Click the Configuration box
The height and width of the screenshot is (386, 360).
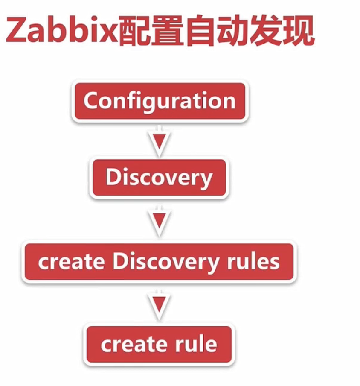coord(159,102)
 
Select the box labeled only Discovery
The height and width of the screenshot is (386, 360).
coord(159,178)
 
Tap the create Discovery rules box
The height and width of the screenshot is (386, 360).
coord(159,262)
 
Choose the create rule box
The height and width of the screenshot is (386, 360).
coord(159,344)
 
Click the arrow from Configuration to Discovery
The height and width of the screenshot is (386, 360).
coord(159,142)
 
